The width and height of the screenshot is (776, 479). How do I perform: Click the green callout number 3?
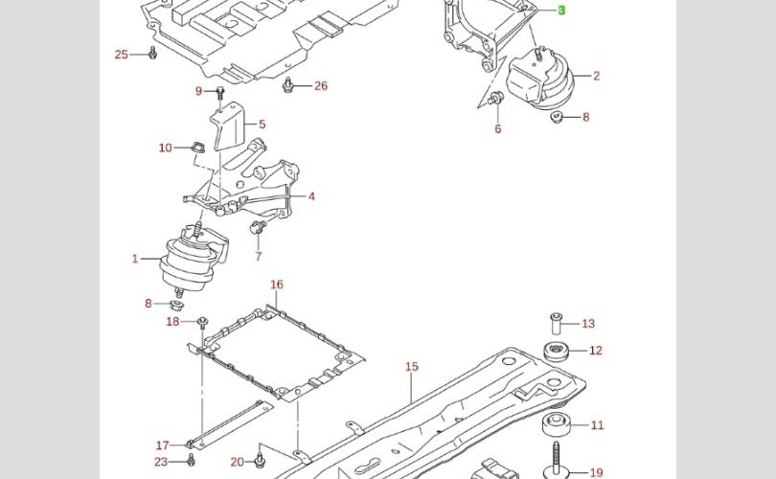click(561, 10)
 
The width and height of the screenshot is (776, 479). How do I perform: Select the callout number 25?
click(122, 55)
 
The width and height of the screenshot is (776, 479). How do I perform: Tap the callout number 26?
click(321, 85)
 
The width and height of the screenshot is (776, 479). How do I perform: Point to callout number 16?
click(277, 285)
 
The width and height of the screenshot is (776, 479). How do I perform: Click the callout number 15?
click(412, 367)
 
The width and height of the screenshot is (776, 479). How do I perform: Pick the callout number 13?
click(588, 324)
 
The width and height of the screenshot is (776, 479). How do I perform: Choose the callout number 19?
click(596, 473)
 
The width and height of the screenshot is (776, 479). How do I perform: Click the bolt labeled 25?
click(152, 53)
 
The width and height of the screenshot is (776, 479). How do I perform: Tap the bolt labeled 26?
click(287, 84)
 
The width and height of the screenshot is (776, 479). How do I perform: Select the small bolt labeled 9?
click(220, 93)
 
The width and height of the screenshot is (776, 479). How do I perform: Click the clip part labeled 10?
click(196, 147)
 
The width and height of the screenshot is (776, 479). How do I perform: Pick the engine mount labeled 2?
click(541, 80)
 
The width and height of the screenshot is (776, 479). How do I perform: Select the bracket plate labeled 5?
click(229, 126)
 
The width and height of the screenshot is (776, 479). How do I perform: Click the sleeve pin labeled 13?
click(557, 324)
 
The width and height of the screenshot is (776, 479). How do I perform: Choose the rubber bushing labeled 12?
click(556, 351)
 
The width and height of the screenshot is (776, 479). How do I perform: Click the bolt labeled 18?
click(202, 323)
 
